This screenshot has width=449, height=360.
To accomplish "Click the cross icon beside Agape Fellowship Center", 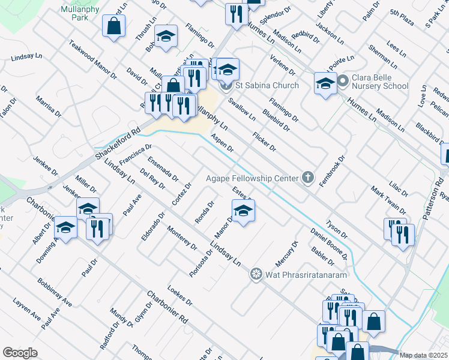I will (x=308, y=177).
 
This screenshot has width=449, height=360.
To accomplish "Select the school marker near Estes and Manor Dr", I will (x=243, y=211).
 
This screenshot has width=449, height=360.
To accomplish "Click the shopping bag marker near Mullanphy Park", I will (x=113, y=26).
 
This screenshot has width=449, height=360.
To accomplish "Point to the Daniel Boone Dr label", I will (x=329, y=244).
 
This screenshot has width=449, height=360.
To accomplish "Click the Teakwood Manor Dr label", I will (x=93, y=60).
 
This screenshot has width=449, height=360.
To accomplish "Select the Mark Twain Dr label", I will (x=389, y=200).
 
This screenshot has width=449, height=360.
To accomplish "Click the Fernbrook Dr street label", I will (x=332, y=172).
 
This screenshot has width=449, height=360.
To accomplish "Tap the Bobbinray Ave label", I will (x=54, y=292).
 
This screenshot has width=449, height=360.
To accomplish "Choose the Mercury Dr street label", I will (x=286, y=254).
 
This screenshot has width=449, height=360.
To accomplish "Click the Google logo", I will (x=20, y=353).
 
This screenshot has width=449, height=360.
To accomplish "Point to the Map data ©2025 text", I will (x=423, y=355).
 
